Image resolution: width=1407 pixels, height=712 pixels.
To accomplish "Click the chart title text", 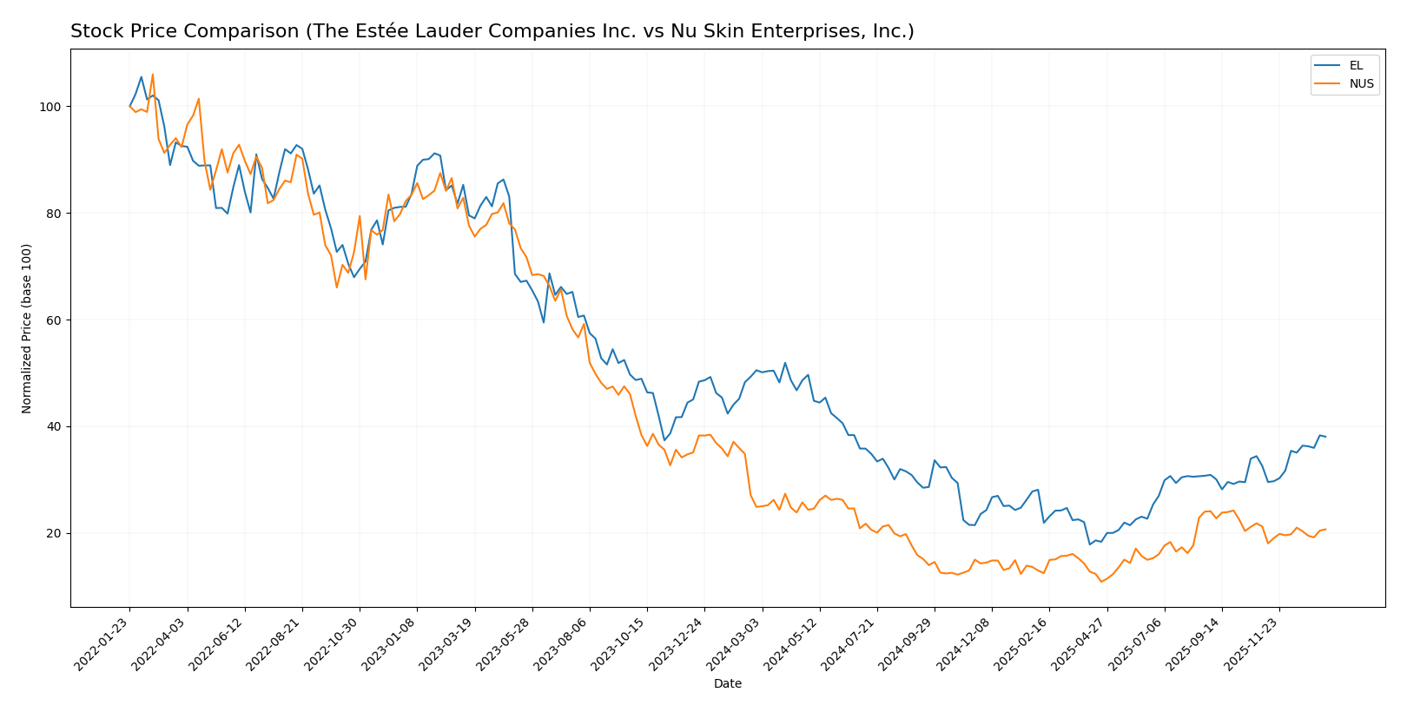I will [x=492, y=31].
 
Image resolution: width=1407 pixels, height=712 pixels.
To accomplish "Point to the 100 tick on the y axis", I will [x=52, y=107].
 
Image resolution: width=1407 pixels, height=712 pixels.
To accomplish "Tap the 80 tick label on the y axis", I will [x=55, y=214].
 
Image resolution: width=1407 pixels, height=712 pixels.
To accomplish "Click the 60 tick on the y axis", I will [x=55, y=320].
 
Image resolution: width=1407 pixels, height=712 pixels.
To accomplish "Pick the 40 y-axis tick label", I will [x=55, y=426].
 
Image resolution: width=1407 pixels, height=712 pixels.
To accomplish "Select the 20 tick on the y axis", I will [x=55, y=533].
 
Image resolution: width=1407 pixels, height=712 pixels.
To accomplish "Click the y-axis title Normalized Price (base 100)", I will [x=27, y=328].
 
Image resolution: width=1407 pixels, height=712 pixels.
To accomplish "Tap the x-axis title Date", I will [x=727, y=684].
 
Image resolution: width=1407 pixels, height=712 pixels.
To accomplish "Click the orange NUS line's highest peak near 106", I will [x=153, y=75].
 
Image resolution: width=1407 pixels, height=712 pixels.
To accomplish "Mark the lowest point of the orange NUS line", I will [x=1101, y=582].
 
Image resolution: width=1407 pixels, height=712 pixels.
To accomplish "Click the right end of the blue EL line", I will [x=1325, y=437].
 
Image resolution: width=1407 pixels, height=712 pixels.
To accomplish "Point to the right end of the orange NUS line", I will [x=1325, y=530].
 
